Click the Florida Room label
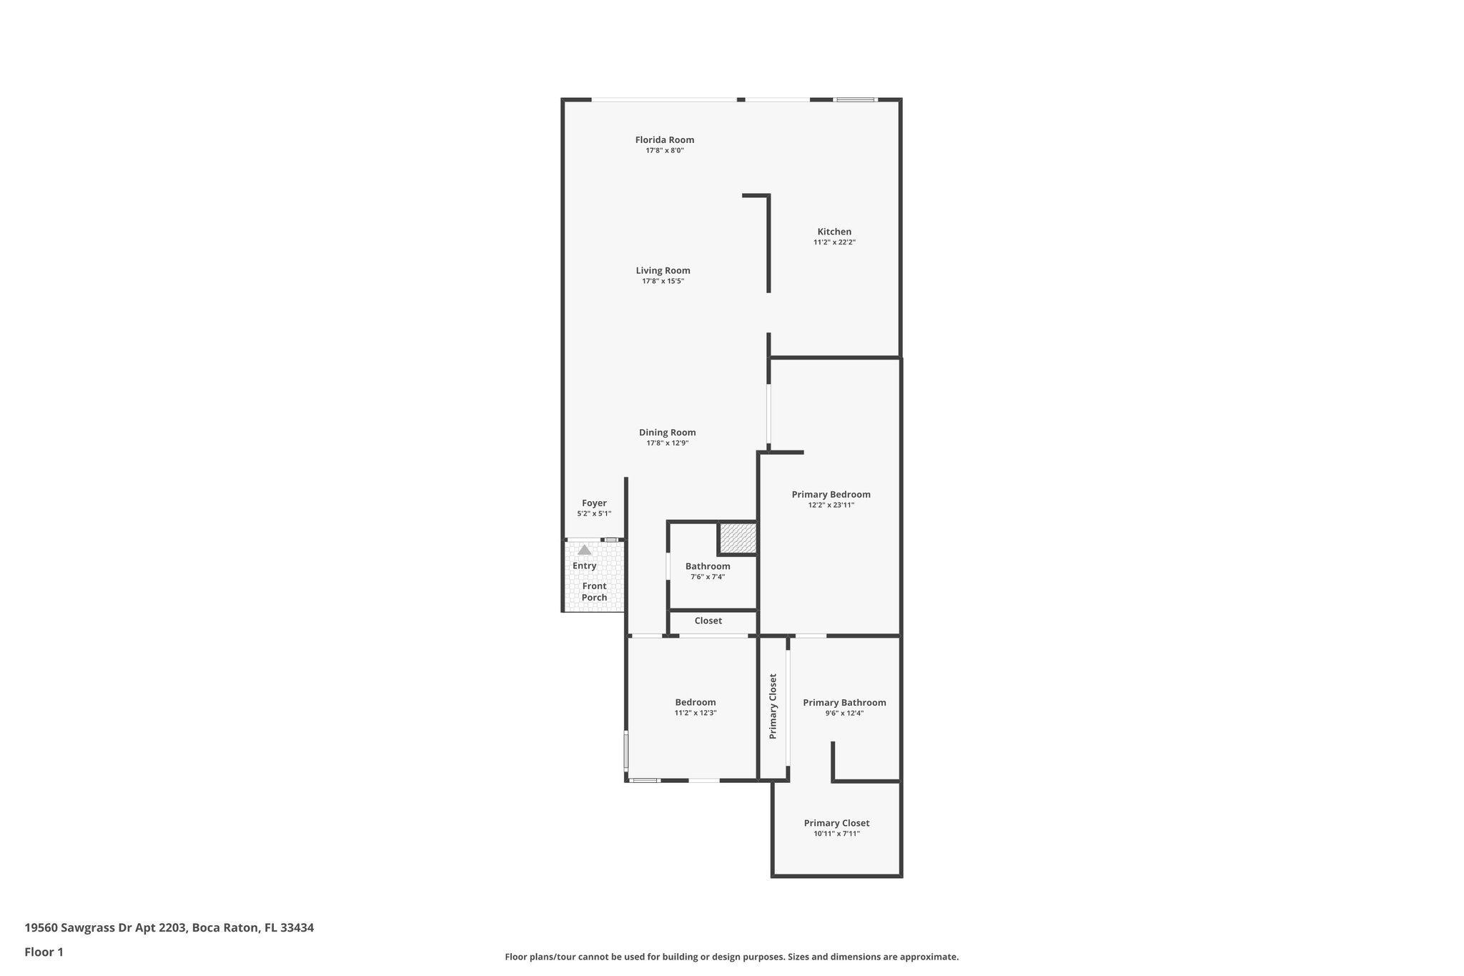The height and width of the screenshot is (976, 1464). [x=664, y=140]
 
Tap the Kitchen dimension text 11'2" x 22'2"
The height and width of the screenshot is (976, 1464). [x=834, y=242]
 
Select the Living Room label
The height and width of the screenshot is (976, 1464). [x=663, y=270]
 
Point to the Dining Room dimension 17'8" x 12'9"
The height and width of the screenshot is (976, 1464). [x=667, y=443]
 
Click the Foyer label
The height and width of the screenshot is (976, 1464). [x=594, y=503]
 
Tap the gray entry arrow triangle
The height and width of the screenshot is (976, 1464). [x=585, y=550]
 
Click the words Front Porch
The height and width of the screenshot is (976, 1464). [x=594, y=592]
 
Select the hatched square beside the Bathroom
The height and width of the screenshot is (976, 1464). [x=738, y=538]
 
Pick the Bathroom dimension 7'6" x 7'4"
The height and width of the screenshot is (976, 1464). [x=707, y=577]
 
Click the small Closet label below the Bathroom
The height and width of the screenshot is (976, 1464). [x=708, y=621]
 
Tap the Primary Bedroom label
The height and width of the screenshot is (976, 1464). [x=831, y=494]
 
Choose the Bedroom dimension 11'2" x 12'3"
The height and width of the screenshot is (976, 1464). [x=695, y=713]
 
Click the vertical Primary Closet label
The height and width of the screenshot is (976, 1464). [x=773, y=706]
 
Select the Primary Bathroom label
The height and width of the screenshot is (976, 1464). [x=844, y=703]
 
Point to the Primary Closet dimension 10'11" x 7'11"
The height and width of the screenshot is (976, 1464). [x=836, y=834]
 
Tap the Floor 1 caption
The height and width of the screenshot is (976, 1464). [x=44, y=952]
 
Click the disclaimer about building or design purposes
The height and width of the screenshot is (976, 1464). [x=731, y=957]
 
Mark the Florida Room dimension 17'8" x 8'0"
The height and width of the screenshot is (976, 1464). [x=664, y=151]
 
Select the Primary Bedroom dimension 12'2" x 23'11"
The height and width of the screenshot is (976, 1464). [x=831, y=505]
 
